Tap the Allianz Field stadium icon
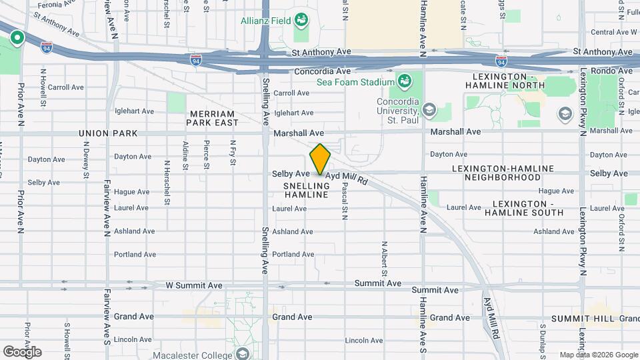pos(301,20)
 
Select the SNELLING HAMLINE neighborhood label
pos(306,189)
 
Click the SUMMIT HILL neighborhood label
pos(587,319)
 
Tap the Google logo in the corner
pos(22,351)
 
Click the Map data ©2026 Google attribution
pos(598,355)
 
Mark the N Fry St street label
pos(233,155)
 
